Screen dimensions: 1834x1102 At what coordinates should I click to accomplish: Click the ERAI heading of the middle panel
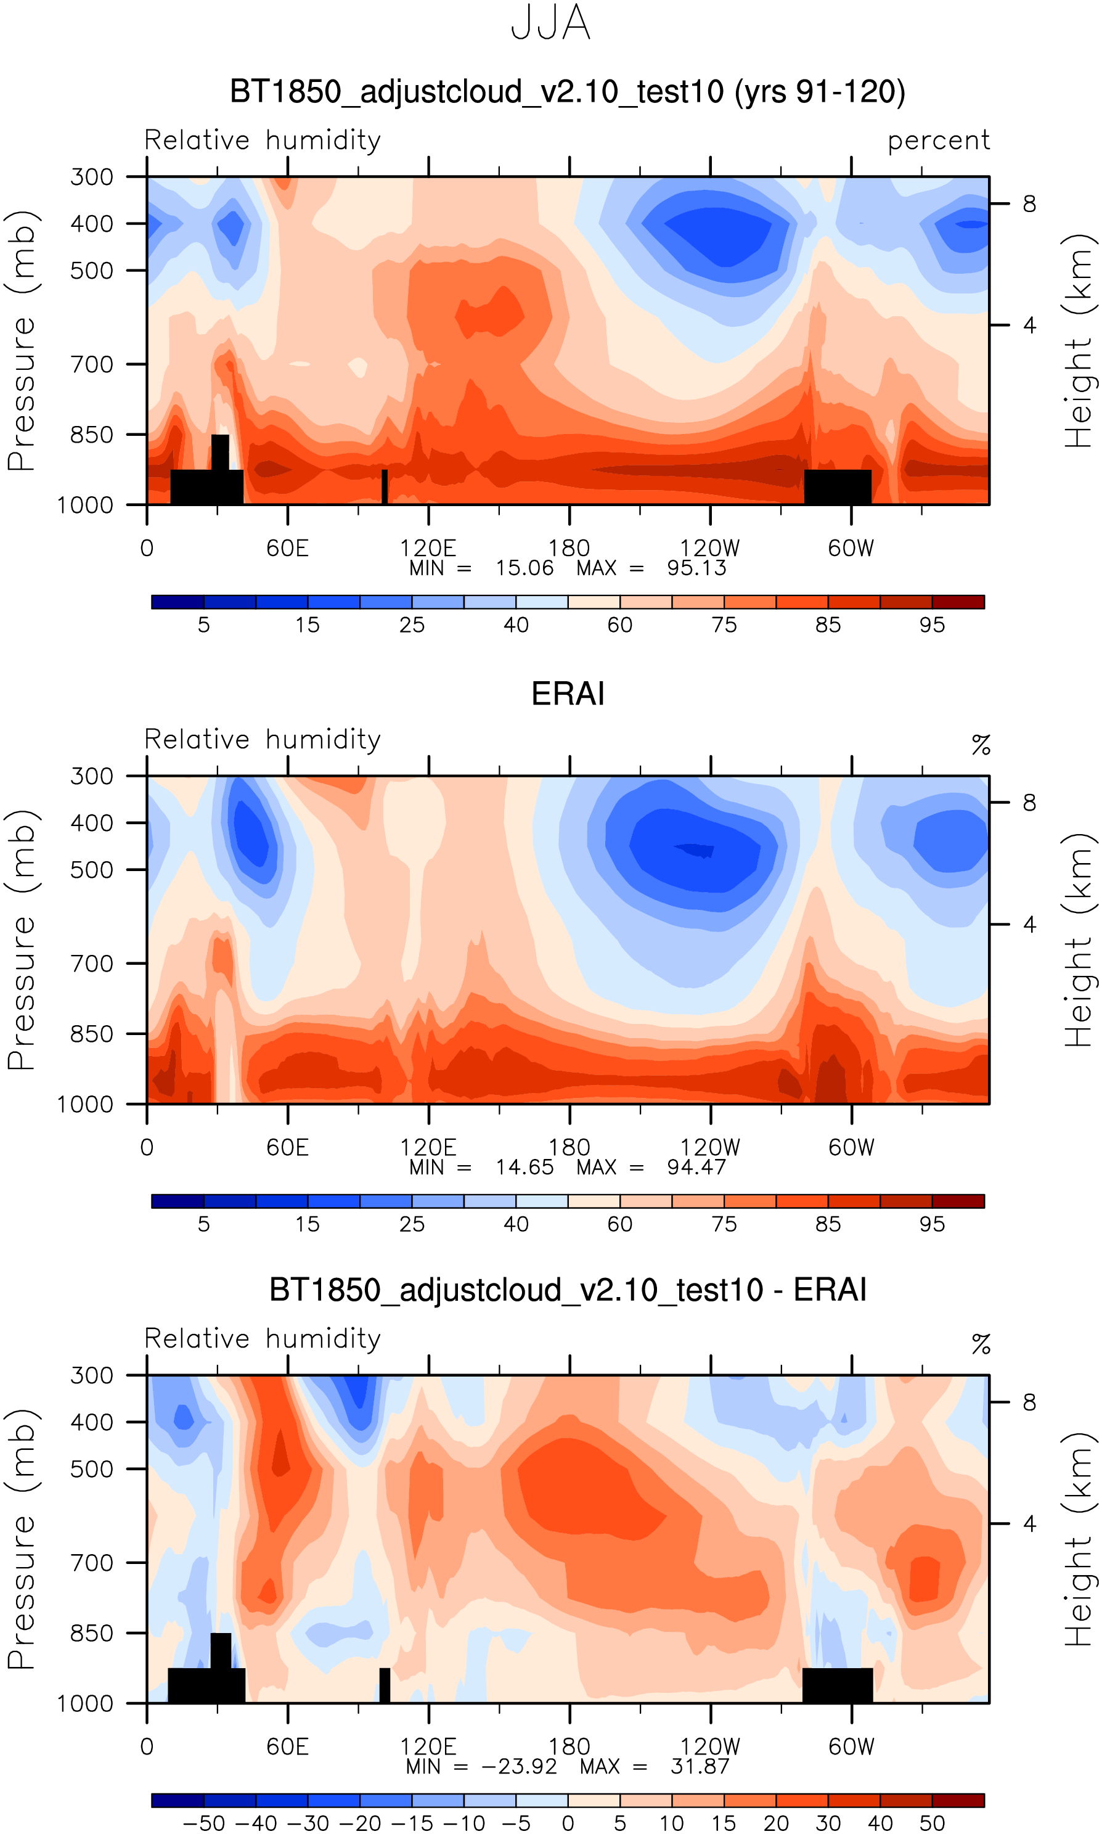point(568,694)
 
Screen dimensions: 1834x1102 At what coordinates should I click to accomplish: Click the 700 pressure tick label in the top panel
point(92,364)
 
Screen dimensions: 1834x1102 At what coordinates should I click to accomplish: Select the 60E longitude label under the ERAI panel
point(287,1148)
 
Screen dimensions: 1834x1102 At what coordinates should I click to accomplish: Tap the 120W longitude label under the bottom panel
point(710,1747)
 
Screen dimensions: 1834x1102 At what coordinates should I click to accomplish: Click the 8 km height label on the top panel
point(1029,203)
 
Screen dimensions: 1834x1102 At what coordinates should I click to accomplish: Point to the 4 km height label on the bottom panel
point(1029,1524)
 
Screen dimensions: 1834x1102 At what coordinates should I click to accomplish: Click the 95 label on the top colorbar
point(932,625)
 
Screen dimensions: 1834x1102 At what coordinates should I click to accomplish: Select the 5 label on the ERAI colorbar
point(203,1224)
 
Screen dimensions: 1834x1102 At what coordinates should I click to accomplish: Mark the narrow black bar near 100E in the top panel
point(385,486)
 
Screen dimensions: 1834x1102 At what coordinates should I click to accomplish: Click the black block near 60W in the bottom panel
point(838,1686)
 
